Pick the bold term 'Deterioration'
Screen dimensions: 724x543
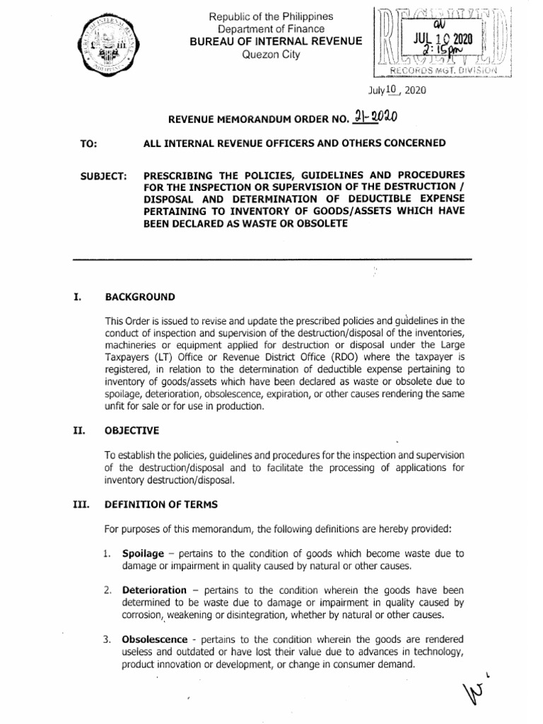pyautogui.click(x=155, y=590)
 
